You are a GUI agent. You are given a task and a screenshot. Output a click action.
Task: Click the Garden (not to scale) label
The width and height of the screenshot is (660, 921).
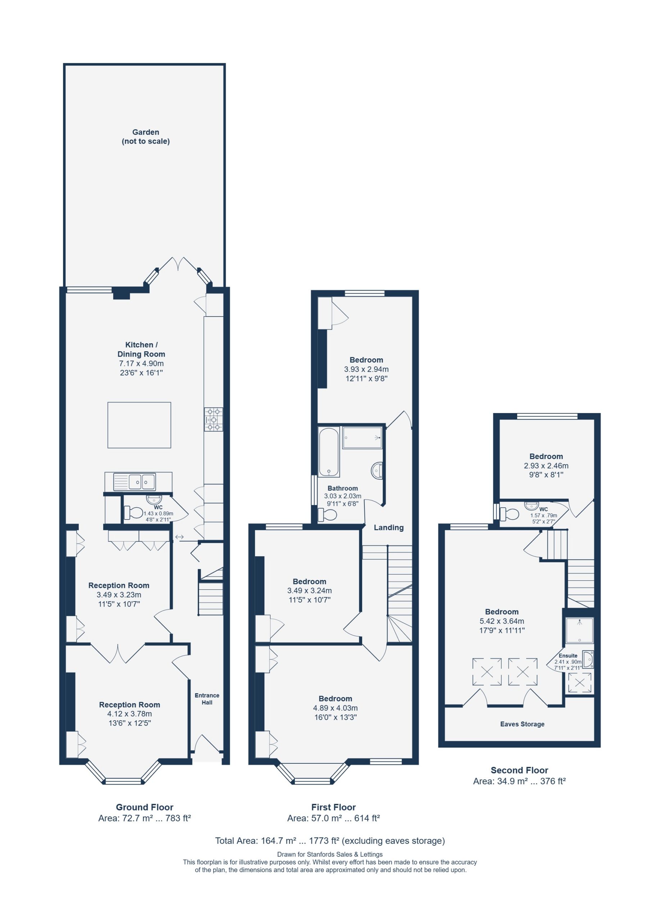[x=145, y=136]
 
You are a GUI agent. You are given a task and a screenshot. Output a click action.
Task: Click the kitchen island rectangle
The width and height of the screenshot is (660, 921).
[x=139, y=425]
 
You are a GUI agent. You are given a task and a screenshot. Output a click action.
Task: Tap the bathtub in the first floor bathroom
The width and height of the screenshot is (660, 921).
[x=329, y=452]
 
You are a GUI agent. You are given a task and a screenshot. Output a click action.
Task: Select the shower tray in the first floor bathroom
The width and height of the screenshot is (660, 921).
[x=362, y=437]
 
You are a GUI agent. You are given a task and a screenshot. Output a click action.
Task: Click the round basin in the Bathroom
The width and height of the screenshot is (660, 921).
[x=376, y=471]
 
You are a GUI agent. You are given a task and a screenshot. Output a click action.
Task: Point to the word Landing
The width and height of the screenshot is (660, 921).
[x=388, y=527]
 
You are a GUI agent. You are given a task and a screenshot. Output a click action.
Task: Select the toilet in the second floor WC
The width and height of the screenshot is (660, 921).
[x=509, y=514]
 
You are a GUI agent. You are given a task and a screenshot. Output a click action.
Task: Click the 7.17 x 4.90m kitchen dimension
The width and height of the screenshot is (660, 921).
[x=141, y=363]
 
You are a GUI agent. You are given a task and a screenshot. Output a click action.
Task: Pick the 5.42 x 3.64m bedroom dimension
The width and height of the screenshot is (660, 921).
[x=502, y=621]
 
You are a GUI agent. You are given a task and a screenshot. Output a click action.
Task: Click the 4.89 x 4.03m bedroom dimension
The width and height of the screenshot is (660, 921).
[x=335, y=708]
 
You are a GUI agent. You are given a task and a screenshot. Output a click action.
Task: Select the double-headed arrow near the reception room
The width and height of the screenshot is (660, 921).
[x=179, y=537]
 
